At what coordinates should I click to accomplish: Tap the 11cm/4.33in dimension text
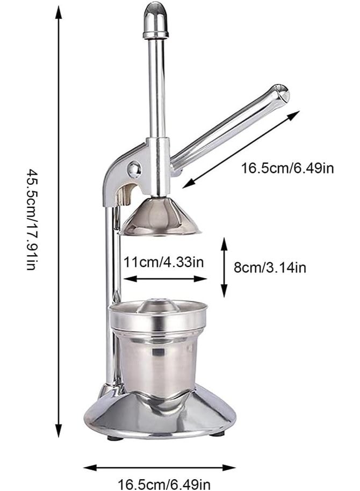pyautogui.click(x=163, y=263)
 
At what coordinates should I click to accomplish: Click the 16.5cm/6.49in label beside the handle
pyautogui.click(x=287, y=168)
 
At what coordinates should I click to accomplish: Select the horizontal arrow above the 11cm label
pyautogui.click(x=165, y=279)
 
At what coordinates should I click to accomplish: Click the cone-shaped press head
pyautogui.click(x=161, y=218)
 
